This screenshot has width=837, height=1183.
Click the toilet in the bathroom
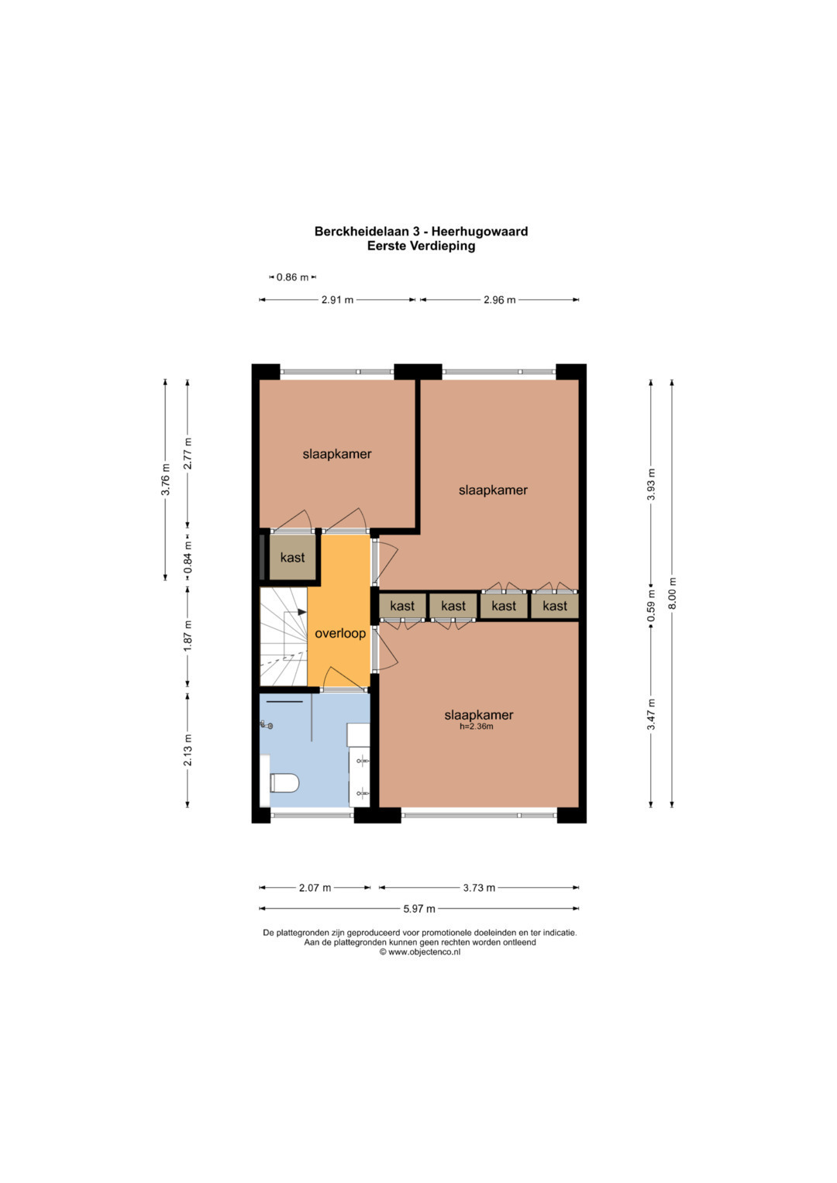(284, 782)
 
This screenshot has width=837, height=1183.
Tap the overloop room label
(340, 633)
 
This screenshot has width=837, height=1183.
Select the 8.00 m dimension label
(672, 593)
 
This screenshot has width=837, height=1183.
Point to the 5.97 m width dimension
(419, 909)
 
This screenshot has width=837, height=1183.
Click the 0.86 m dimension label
(292, 277)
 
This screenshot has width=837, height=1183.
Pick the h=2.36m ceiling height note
(477, 727)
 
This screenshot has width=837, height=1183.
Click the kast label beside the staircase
(292, 558)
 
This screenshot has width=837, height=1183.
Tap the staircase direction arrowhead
(302, 612)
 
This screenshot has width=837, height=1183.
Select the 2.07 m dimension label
(315, 888)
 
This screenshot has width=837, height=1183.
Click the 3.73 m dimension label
(479, 888)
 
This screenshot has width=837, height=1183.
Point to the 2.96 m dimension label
(499, 300)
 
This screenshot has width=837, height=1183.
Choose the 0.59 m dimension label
(651, 608)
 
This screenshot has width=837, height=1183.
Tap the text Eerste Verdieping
(421, 246)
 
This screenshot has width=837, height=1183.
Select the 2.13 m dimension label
(188, 750)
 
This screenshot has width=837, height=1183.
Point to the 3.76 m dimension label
(165, 479)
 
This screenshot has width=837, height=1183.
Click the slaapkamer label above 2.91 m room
(336, 454)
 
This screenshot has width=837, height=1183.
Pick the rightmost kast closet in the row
(555, 606)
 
